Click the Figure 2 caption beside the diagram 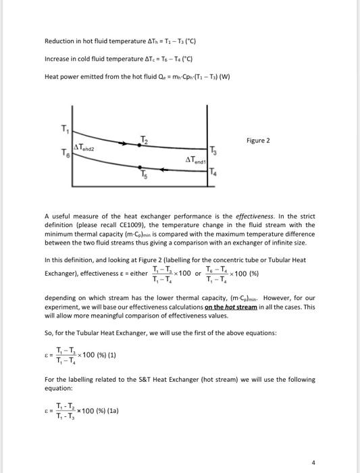tap(259, 141)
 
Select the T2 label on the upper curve tap(144, 139)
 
